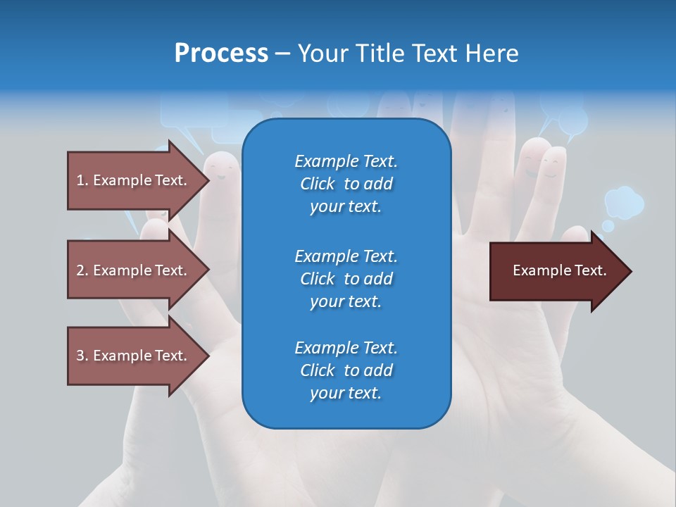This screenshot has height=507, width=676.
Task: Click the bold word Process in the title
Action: click(221, 54)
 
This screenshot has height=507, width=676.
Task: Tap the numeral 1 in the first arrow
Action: click(80, 180)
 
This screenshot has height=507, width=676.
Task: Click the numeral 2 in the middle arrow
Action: click(80, 270)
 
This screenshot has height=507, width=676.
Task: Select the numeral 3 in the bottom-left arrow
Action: click(80, 356)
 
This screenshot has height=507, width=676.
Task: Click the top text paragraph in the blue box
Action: click(346, 184)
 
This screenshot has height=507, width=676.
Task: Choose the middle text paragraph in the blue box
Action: click(346, 278)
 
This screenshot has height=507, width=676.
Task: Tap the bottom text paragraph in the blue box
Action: click(346, 370)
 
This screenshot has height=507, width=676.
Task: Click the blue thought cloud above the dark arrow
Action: click(624, 202)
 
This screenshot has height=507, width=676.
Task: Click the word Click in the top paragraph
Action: click(318, 184)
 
